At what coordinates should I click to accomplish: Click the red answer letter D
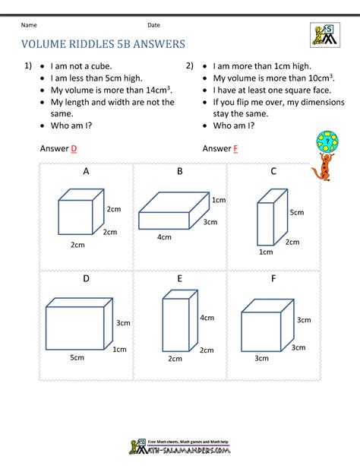click(74, 148)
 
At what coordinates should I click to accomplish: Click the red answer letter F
click(235, 148)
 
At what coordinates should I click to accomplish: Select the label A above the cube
click(86, 171)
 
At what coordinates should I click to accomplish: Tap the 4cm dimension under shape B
click(164, 237)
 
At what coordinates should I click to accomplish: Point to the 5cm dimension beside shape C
click(297, 212)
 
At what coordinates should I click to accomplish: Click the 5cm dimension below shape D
click(77, 357)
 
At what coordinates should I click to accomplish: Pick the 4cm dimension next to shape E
click(207, 318)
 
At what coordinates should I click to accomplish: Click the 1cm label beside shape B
click(219, 200)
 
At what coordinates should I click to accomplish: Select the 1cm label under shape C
click(266, 252)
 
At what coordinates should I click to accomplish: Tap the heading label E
click(179, 278)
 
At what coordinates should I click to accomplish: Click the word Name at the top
click(29, 25)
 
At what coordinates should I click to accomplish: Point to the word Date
click(153, 25)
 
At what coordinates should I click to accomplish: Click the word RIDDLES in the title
click(91, 44)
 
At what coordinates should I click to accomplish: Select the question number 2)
click(190, 65)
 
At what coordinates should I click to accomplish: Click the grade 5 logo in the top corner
click(325, 35)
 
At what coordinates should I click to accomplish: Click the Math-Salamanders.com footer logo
click(180, 447)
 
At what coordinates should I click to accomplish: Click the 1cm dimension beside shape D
click(119, 350)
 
